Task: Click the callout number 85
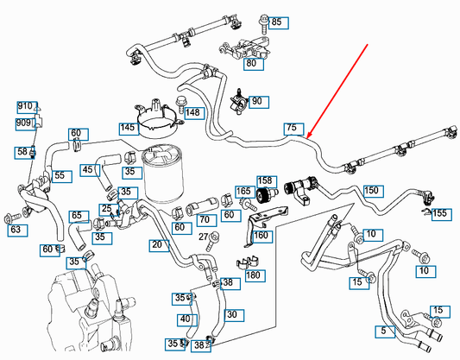coord(276,22)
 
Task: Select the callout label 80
coord(250,63)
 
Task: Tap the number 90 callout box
coord(256,102)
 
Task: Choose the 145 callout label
coord(128,128)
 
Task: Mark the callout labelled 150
coord(371,190)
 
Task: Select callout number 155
coord(439,213)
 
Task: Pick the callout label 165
coord(244,192)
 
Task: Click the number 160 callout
coord(261,236)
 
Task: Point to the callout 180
coord(253,275)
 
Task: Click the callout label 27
coord(204,237)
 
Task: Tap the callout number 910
coord(24,106)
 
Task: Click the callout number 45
coord(87,170)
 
